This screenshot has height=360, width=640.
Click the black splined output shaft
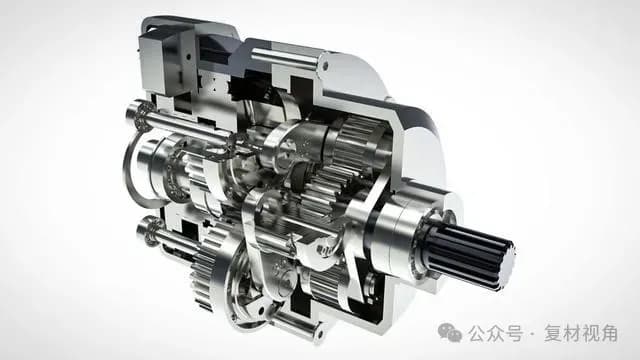(x=469, y=252)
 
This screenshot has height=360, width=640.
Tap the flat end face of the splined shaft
(x=506, y=265)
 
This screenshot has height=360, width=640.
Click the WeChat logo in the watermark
(x=449, y=333)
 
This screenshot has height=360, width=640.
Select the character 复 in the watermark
(x=553, y=333)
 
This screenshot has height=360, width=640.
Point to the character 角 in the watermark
(x=609, y=333)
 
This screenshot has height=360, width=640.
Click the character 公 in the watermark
(x=477, y=333)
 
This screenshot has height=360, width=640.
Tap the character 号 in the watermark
(x=514, y=333)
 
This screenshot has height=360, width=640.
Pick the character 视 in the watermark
(x=590, y=333)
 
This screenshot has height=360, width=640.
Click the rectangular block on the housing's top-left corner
(x=158, y=61)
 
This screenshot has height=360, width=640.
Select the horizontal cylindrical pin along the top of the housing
(x=284, y=58)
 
